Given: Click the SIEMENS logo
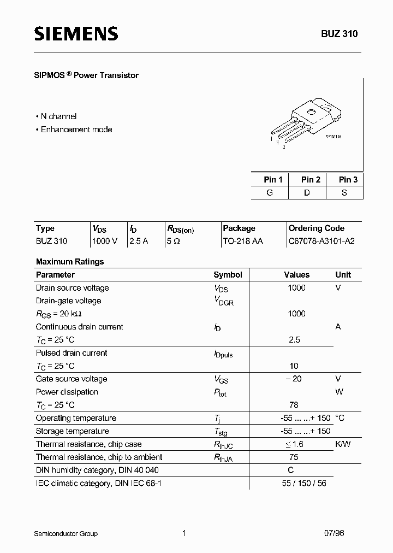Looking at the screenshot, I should pos(76,34).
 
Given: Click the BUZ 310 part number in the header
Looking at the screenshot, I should pos(339,34).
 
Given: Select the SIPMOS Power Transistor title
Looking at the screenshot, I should pos(87,75).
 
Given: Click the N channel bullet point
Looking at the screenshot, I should pos(56,116).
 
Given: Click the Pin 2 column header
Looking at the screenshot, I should pos(311,180).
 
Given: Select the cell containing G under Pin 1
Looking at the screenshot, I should pos(270,193).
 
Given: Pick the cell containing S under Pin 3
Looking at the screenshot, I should pos(344,193).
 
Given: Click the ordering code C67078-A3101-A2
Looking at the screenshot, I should pos(321,241).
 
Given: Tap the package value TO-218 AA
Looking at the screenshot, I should pos(243,241).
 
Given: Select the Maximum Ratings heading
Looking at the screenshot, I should pos(70,262).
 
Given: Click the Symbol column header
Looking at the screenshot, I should pos(228,275).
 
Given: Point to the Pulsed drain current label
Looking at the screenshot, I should pos(72,353).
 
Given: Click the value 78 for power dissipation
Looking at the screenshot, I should pos(294,405).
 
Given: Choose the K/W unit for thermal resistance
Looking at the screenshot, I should pos(343,444).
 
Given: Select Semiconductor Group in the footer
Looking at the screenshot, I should pos(67,533).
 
